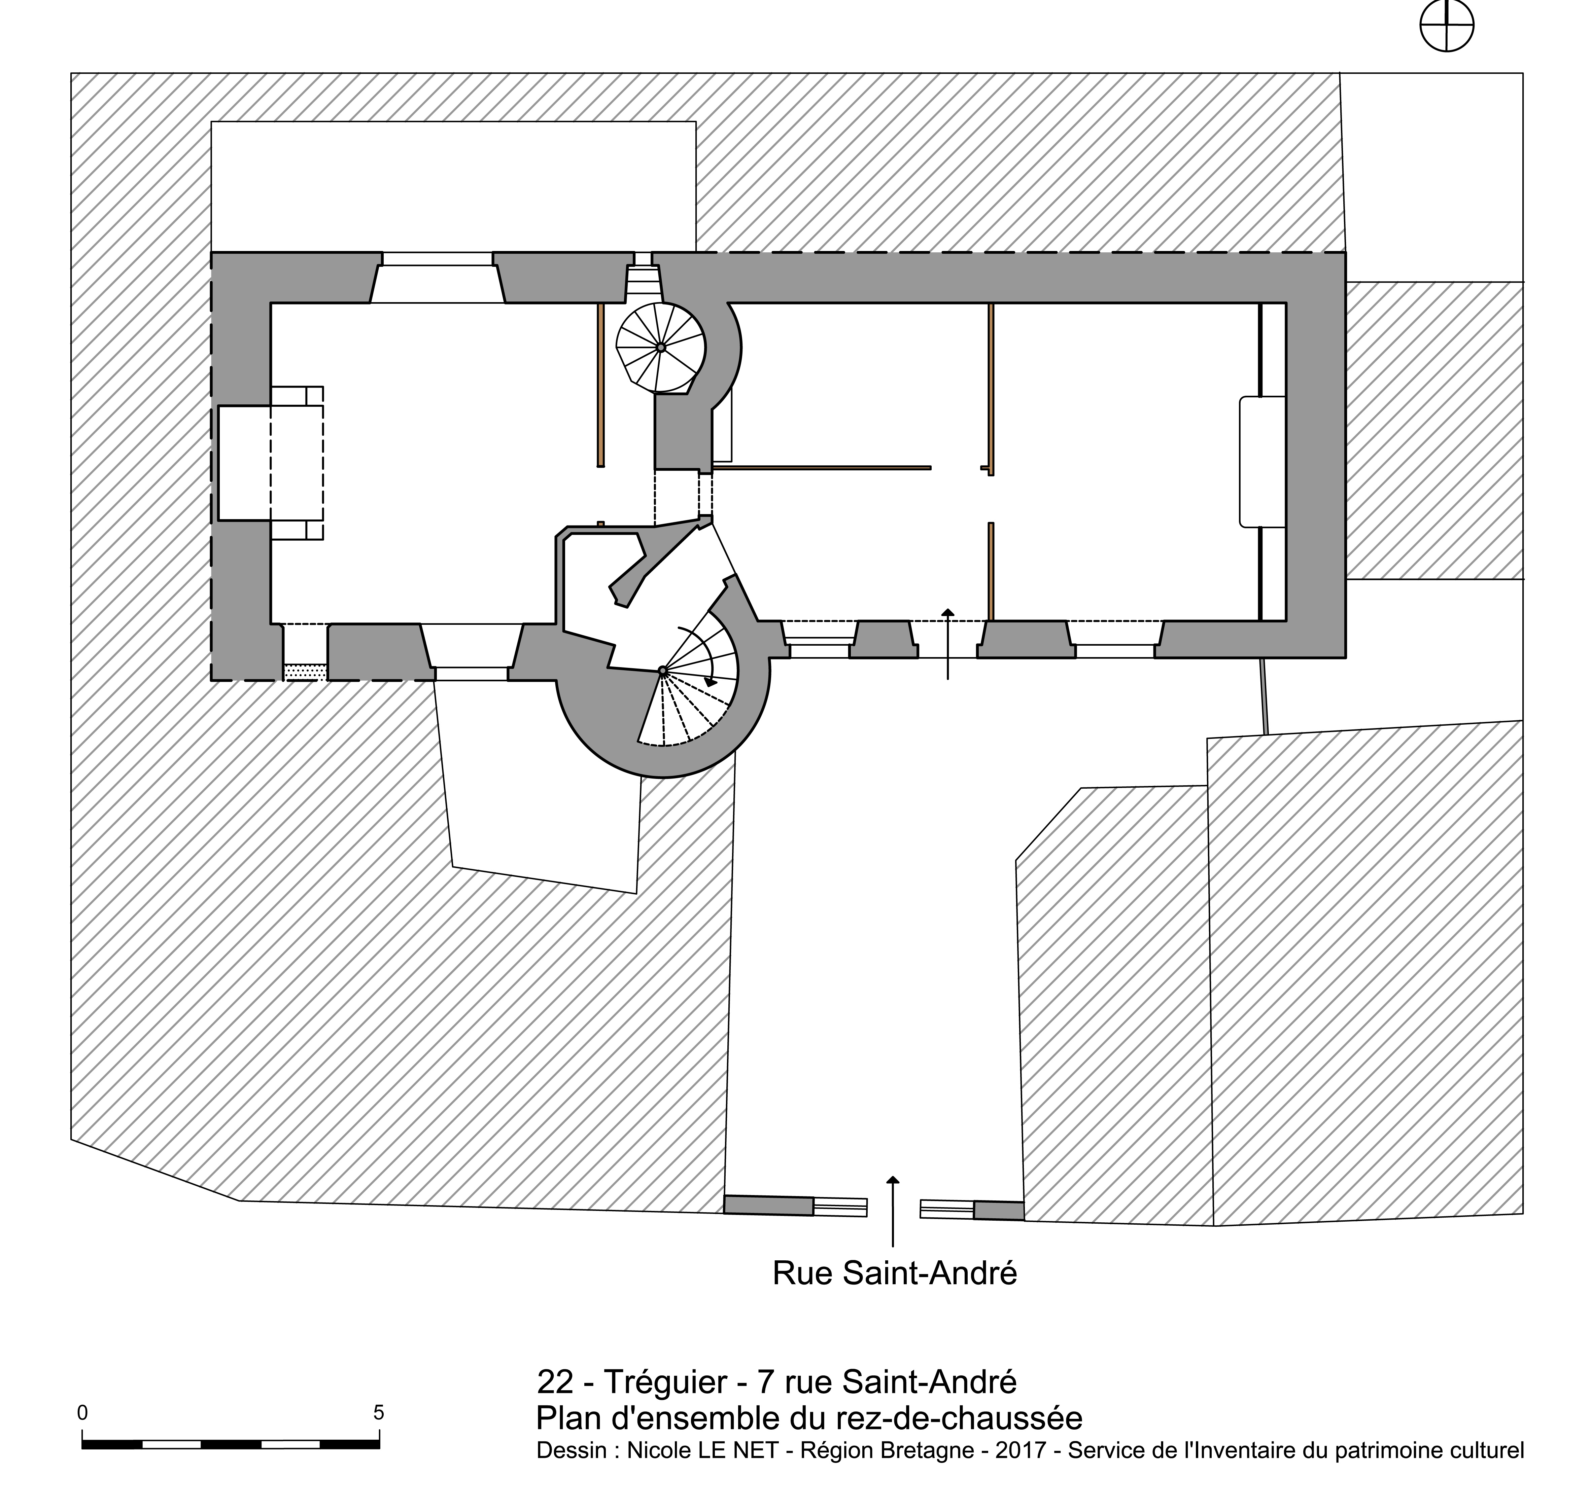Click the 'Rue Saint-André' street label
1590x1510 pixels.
pyautogui.click(x=894, y=1273)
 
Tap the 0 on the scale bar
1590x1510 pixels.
pyautogui.click(x=82, y=1413)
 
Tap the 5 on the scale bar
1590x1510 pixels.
pyautogui.click(x=378, y=1413)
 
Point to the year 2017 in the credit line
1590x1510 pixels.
pyautogui.click(x=1021, y=1450)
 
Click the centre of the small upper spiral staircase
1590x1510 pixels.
pyautogui.click(x=660, y=347)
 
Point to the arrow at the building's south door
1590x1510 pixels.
pyautogui.click(x=947, y=644)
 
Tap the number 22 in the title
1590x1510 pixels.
pyautogui.click(x=555, y=1382)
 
